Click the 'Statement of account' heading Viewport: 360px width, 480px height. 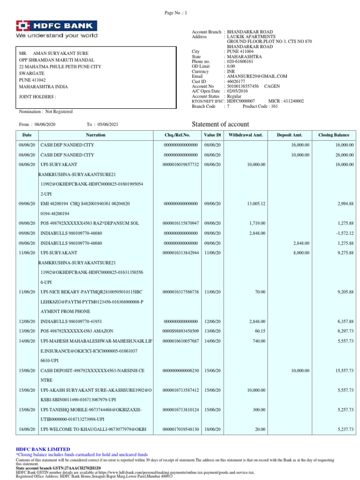(x=221, y=124)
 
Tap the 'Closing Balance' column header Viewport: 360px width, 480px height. (x=333, y=135)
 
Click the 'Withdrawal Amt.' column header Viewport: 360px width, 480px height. (x=246, y=135)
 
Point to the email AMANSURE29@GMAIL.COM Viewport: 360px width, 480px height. (x=257, y=76)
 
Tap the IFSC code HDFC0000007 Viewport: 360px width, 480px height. (x=241, y=101)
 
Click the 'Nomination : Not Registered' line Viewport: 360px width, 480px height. (x=45, y=112)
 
